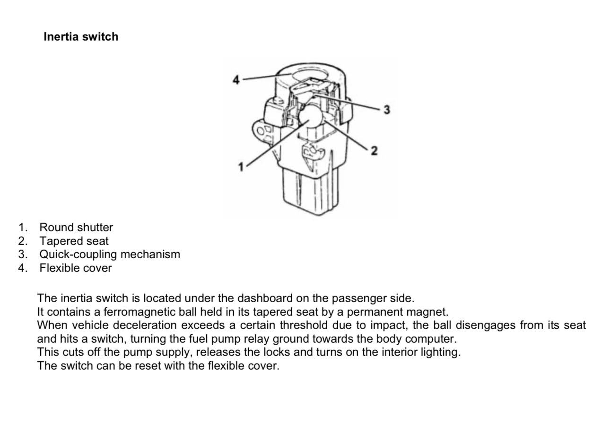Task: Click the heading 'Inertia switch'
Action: pyautogui.click(x=81, y=37)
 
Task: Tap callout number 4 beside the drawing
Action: pyautogui.click(x=236, y=80)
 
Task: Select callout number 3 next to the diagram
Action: pyautogui.click(x=387, y=110)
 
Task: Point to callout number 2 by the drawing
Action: pyautogui.click(x=374, y=151)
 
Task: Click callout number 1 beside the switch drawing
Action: pyautogui.click(x=241, y=166)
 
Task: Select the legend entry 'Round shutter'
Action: pyautogui.click(x=76, y=228)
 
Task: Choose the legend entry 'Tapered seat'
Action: pyautogui.click(x=74, y=241)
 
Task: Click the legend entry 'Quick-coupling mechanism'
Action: pyautogui.click(x=110, y=254)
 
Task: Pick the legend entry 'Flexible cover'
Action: pyautogui.click(x=76, y=268)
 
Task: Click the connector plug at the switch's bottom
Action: pyautogui.click(x=310, y=191)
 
